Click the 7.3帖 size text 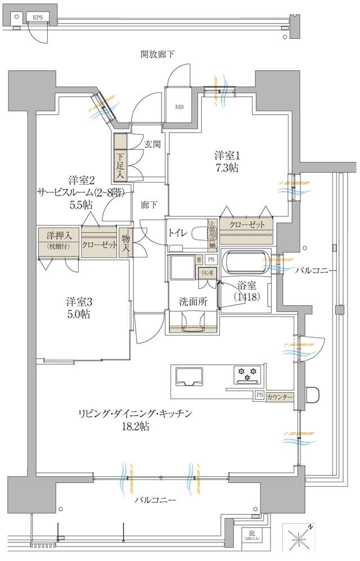click(226, 167)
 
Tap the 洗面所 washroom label click(194, 301)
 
